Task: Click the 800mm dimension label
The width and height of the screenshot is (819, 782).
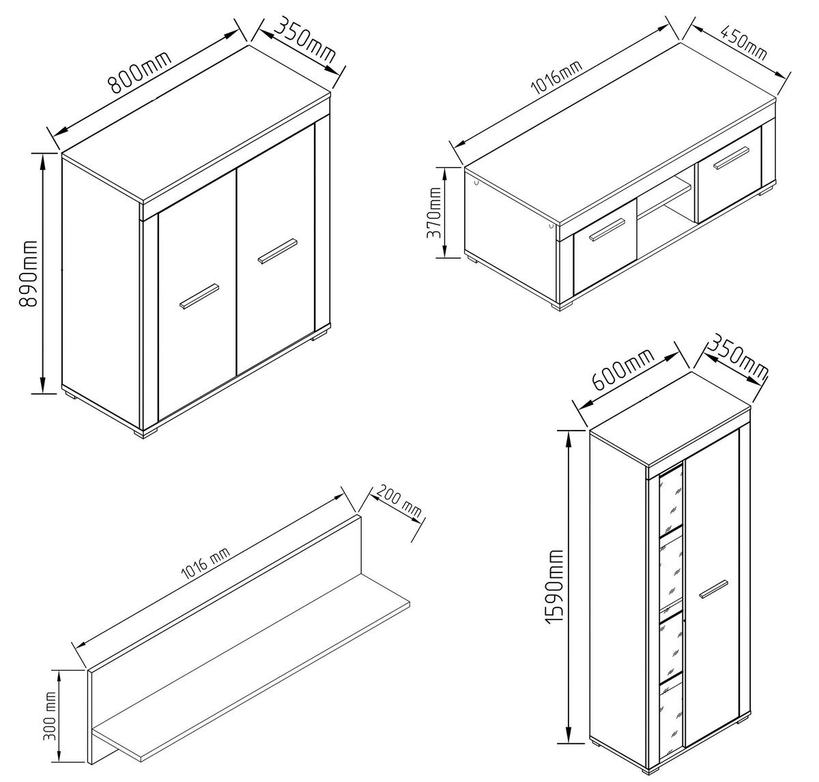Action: (x=141, y=72)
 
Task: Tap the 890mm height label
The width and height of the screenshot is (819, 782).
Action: (x=29, y=274)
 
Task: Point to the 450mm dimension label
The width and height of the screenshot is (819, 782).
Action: (x=744, y=42)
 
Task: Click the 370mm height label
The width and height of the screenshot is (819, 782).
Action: (x=434, y=212)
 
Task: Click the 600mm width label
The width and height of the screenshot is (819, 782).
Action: (x=623, y=369)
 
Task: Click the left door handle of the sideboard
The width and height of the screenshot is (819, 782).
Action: (x=199, y=296)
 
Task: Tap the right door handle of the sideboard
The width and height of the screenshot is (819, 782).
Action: (x=277, y=251)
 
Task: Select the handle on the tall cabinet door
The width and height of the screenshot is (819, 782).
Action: (x=714, y=590)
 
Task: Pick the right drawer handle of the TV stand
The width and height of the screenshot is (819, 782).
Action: (x=732, y=158)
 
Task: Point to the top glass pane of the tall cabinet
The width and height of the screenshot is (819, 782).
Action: (x=671, y=501)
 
